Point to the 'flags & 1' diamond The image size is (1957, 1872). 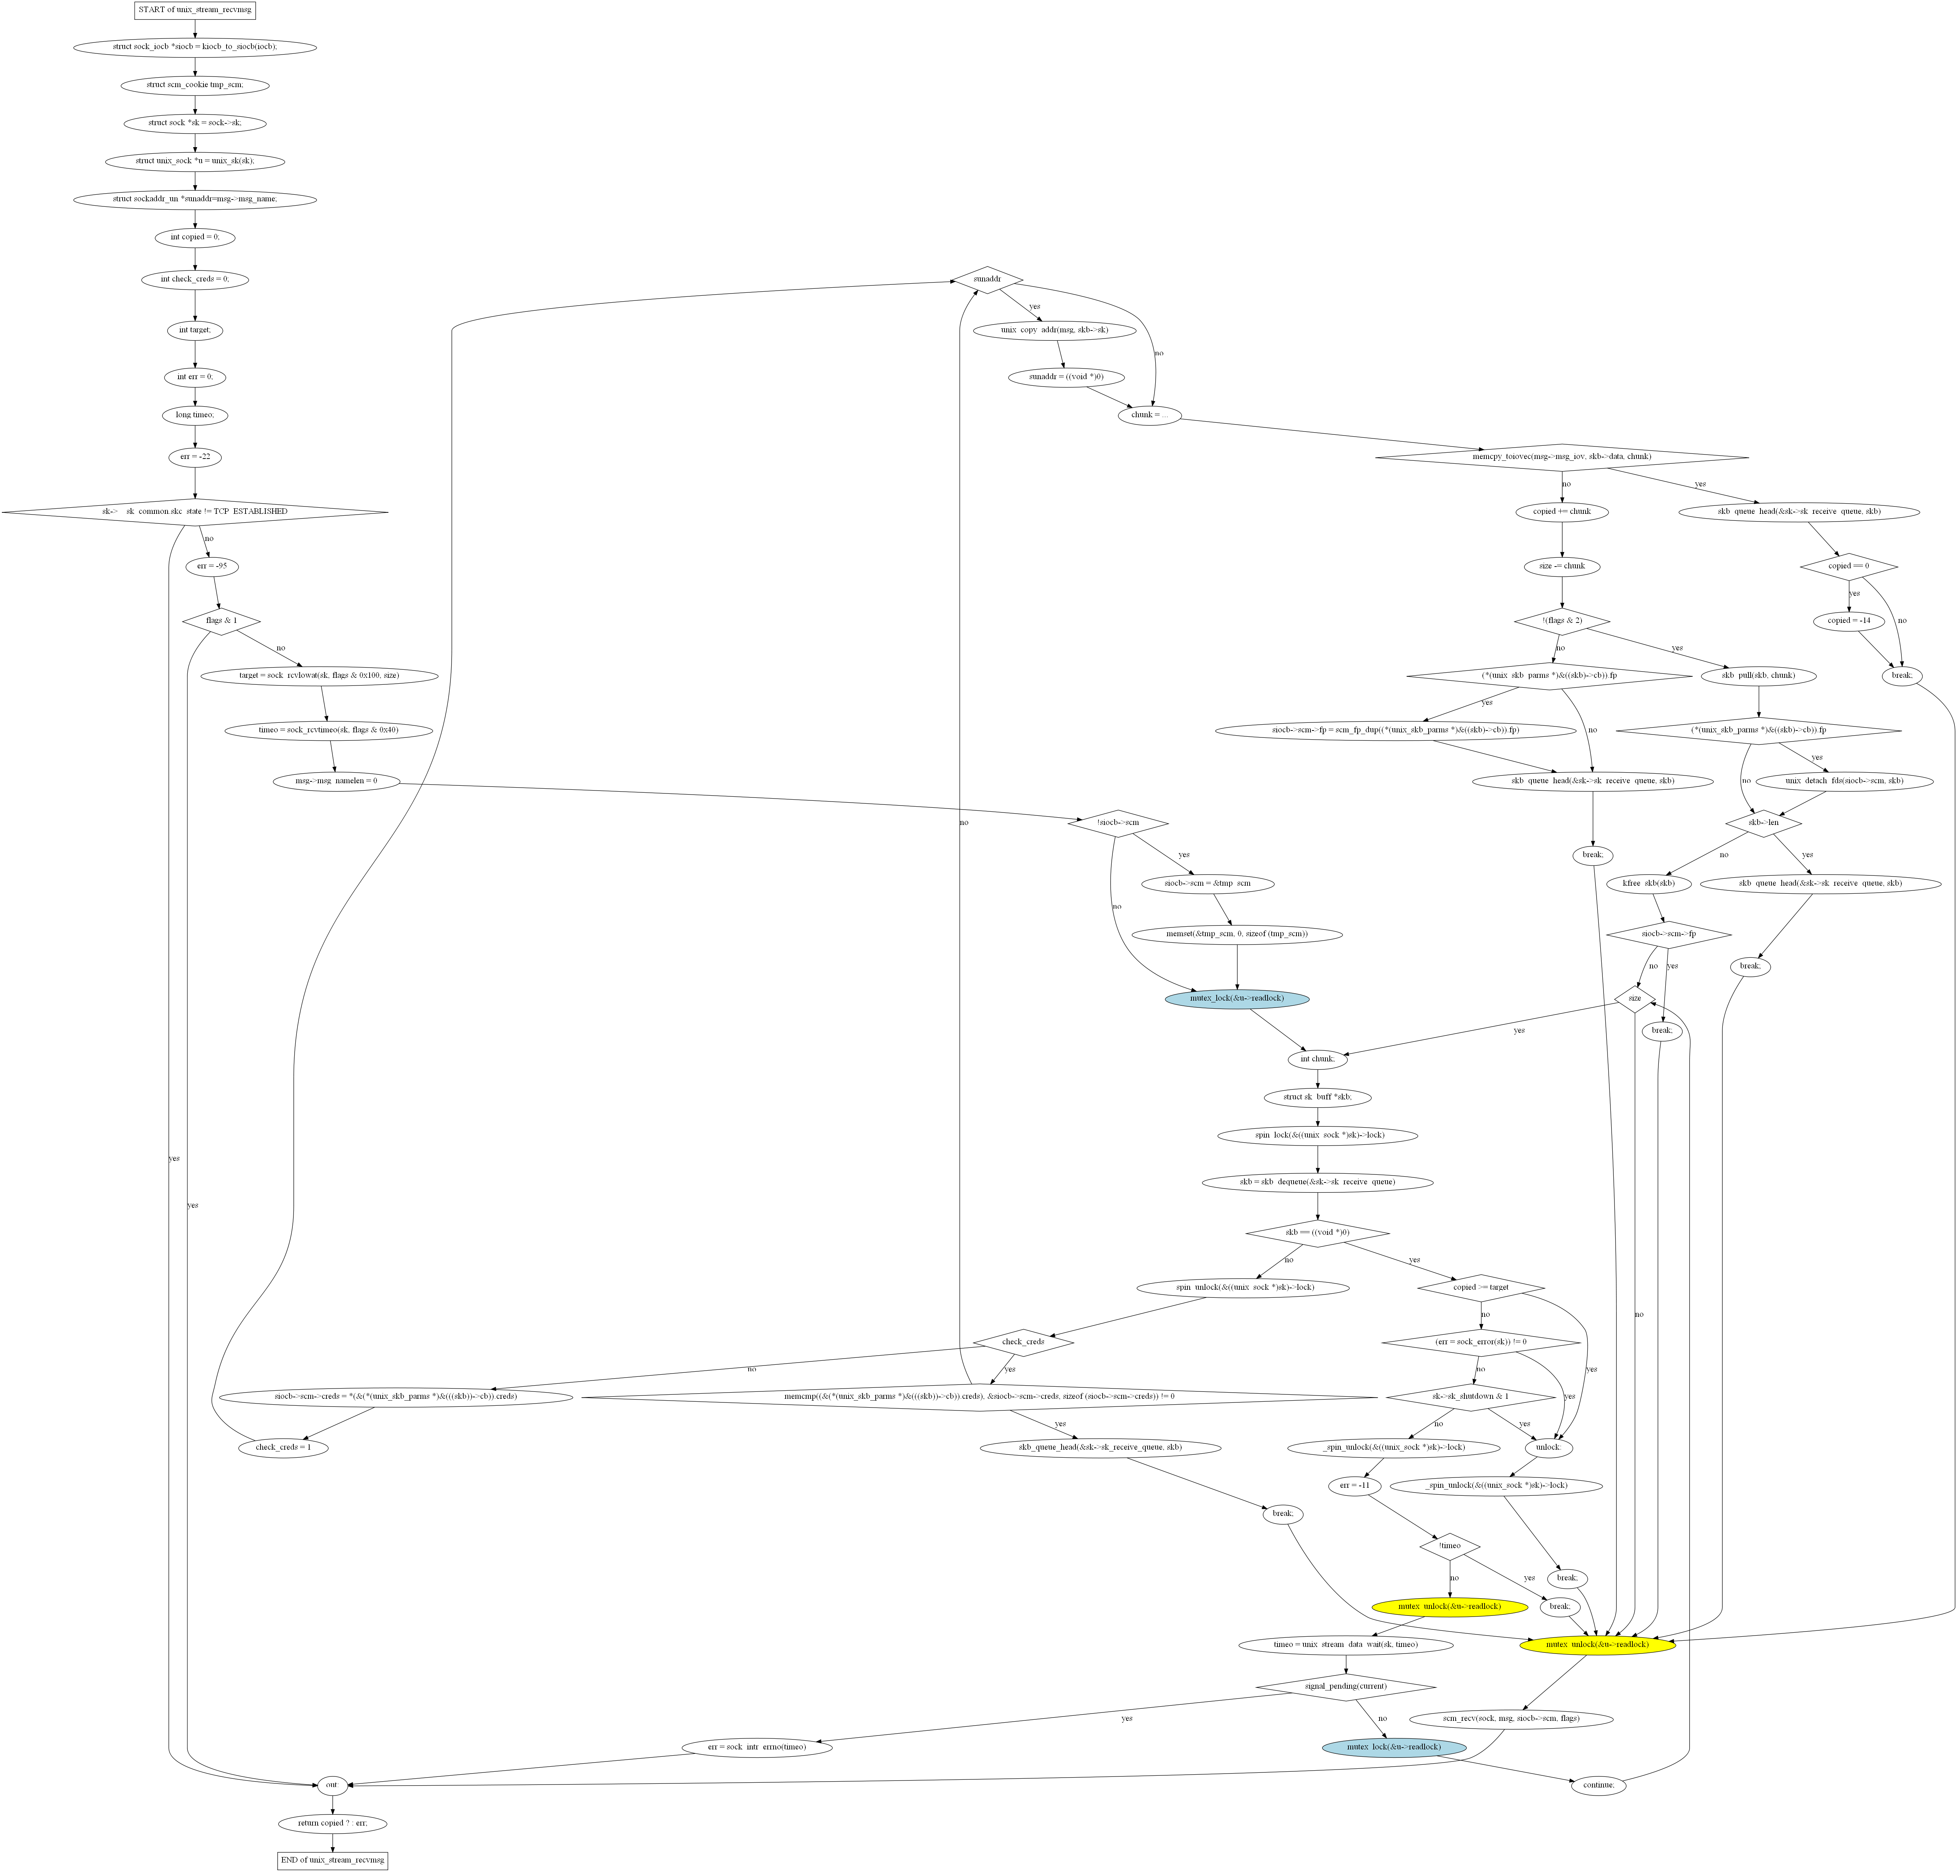[x=221, y=621]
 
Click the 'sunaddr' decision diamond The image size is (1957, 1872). [x=987, y=279]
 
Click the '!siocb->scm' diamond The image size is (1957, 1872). [x=1118, y=823]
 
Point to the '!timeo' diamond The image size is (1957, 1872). [x=1450, y=1546]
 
